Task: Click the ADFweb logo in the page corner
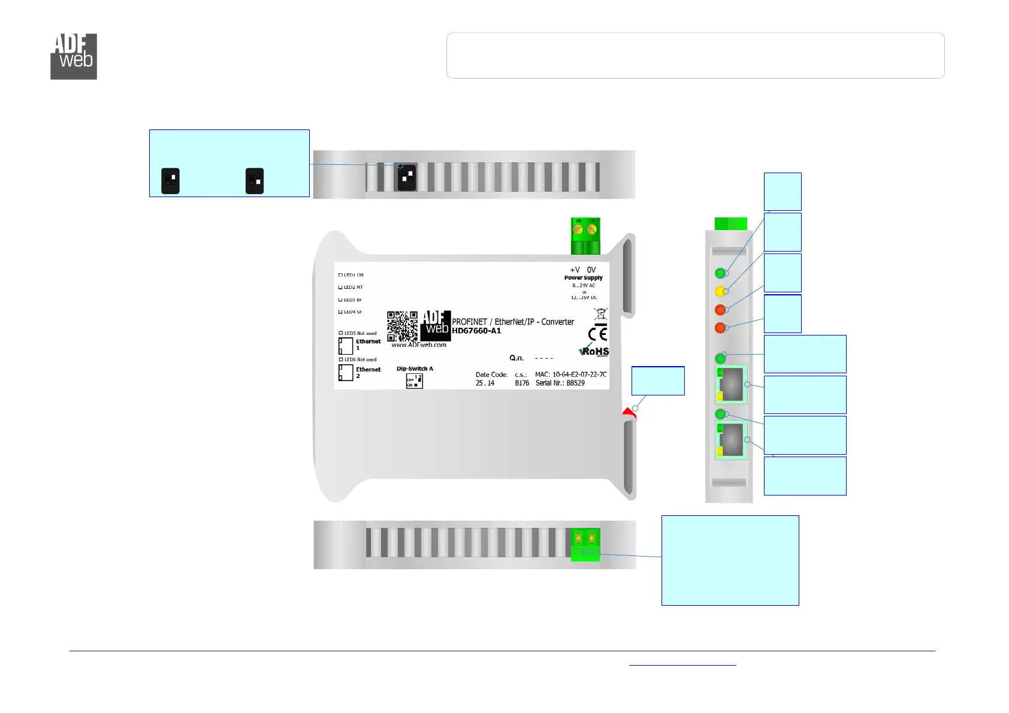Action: pos(74,56)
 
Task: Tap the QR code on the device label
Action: pos(402,326)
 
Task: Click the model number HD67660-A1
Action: pos(476,331)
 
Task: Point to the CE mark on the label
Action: pos(597,334)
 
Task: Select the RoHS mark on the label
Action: pos(594,351)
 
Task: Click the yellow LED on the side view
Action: pos(720,291)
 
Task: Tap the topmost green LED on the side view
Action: pos(720,273)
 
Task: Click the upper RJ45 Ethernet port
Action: pos(731,384)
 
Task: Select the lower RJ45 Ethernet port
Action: pos(731,440)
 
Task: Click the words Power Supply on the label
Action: pos(583,278)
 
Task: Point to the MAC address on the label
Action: pos(570,374)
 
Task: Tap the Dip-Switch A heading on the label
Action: pos(415,368)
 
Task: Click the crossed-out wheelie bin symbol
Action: pos(600,313)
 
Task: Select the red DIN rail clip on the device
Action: pos(629,413)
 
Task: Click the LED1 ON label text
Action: pos(353,275)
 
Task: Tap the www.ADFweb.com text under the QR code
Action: pos(419,345)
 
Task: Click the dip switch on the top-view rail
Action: pos(407,177)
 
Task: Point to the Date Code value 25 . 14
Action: pos(485,383)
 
